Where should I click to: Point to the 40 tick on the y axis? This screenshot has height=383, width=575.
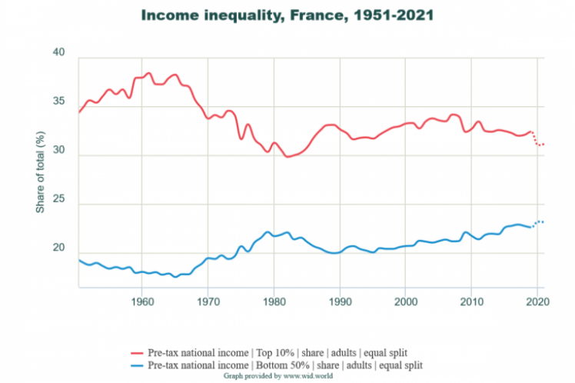[x=60, y=52]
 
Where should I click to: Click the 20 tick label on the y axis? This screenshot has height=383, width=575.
[x=60, y=248]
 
